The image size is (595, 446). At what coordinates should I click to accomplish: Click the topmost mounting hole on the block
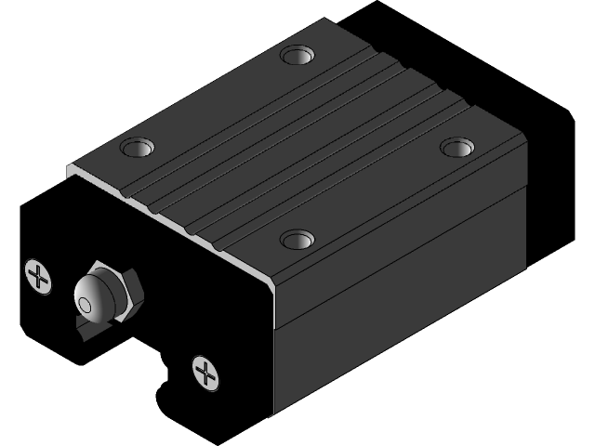[297, 55]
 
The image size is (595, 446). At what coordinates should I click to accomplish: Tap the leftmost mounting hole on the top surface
[137, 147]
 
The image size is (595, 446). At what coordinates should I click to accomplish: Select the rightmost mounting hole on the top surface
[456, 147]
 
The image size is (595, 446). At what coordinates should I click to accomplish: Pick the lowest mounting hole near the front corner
[297, 240]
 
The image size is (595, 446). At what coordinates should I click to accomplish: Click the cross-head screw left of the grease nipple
[38, 276]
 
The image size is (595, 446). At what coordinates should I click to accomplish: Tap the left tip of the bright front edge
[70, 169]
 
